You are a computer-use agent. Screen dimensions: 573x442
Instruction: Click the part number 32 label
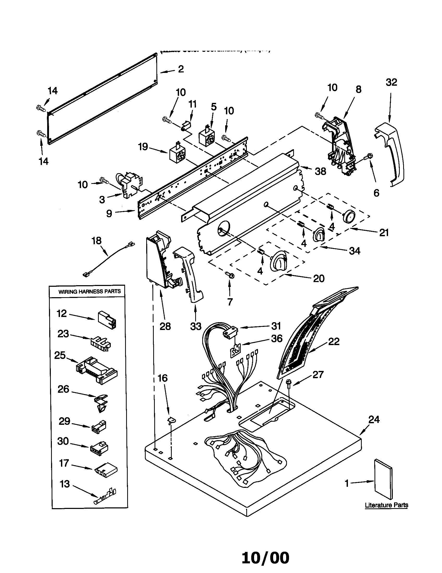(x=391, y=82)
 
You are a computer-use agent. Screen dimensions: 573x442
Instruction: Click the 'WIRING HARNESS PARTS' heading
(x=89, y=291)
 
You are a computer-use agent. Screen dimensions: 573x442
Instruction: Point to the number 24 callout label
(x=374, y=420)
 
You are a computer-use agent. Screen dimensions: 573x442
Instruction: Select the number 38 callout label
(x=320, y=171)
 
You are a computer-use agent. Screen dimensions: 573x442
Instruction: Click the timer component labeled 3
(x=130, y=185)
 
